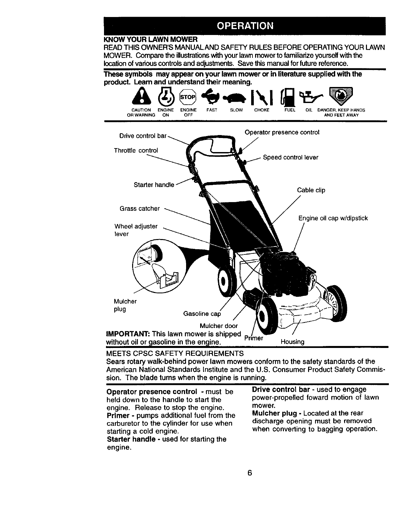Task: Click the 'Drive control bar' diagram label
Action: tap(143, 136)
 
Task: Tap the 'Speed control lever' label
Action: tap(290, 157)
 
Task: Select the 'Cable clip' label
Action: tap(311, 190)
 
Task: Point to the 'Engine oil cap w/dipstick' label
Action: tap(333, 218)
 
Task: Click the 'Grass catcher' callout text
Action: tap(140, 209)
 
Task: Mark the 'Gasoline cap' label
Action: tap(202, 314)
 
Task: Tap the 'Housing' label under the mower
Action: tap(292, 342)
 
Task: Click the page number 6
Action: tap(249, 473)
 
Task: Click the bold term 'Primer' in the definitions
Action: tap(118, 416)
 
